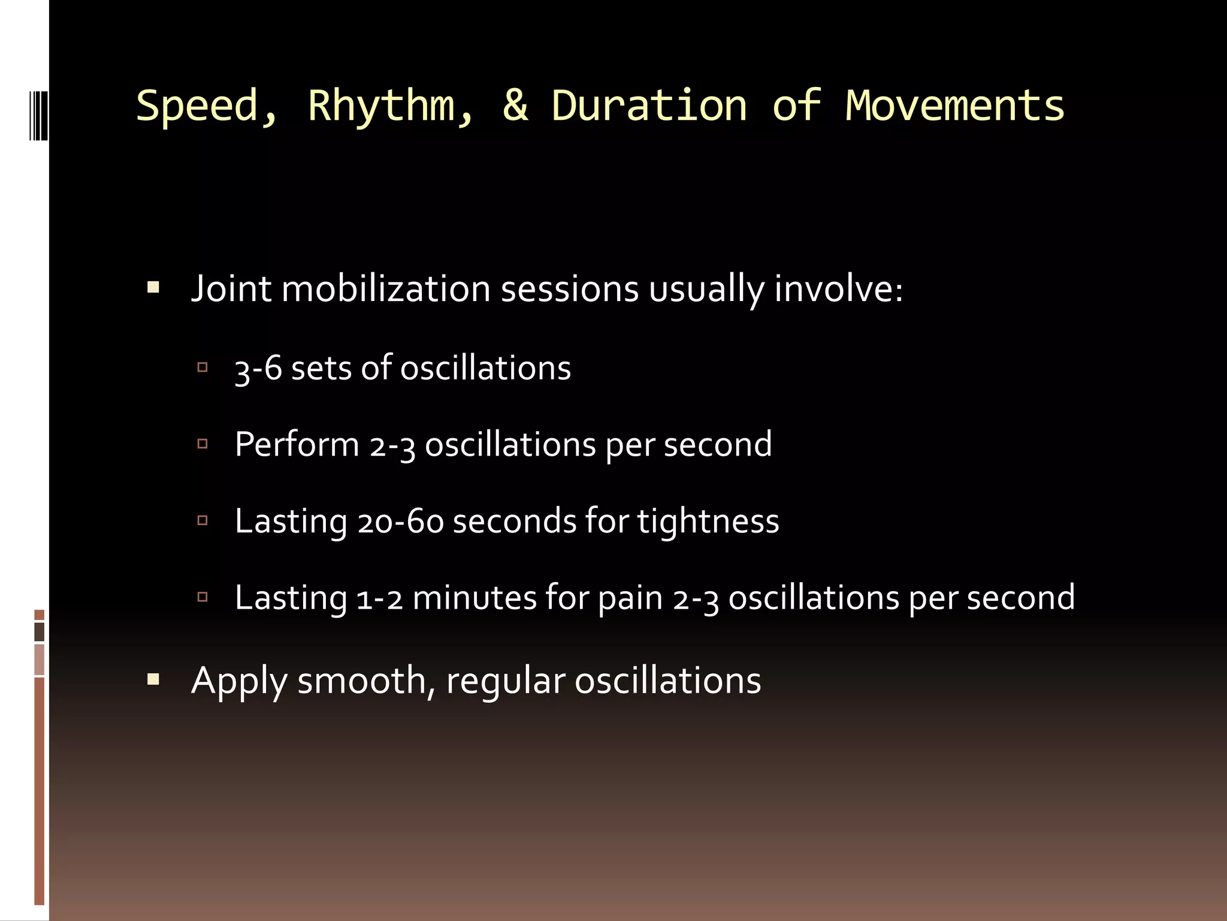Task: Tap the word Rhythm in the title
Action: coord(390,106)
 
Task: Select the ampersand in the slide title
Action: coord(515,105)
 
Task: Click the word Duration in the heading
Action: coord(649,105)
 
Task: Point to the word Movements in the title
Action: coord(954,105)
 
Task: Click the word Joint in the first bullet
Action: coord(231,289)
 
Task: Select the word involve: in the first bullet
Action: coord(838,289)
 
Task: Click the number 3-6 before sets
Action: coord(258,368)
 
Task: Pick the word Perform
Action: coord(297,445)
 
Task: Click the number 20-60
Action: coord(400,521)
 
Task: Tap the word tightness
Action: coord(708,521)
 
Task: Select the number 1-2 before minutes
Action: coord(379,598)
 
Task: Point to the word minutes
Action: coord(475,598)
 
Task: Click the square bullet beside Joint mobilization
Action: coord(153,288)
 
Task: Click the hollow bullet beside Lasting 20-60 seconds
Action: coord(203,520)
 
